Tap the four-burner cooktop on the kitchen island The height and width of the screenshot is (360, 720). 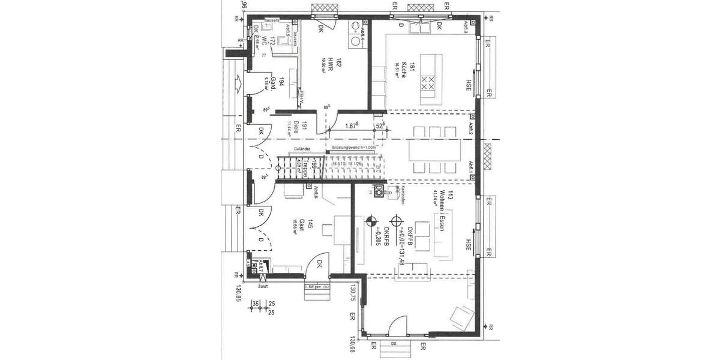428,83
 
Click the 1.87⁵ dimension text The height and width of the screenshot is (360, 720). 353,126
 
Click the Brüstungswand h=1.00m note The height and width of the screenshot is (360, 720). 355,146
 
